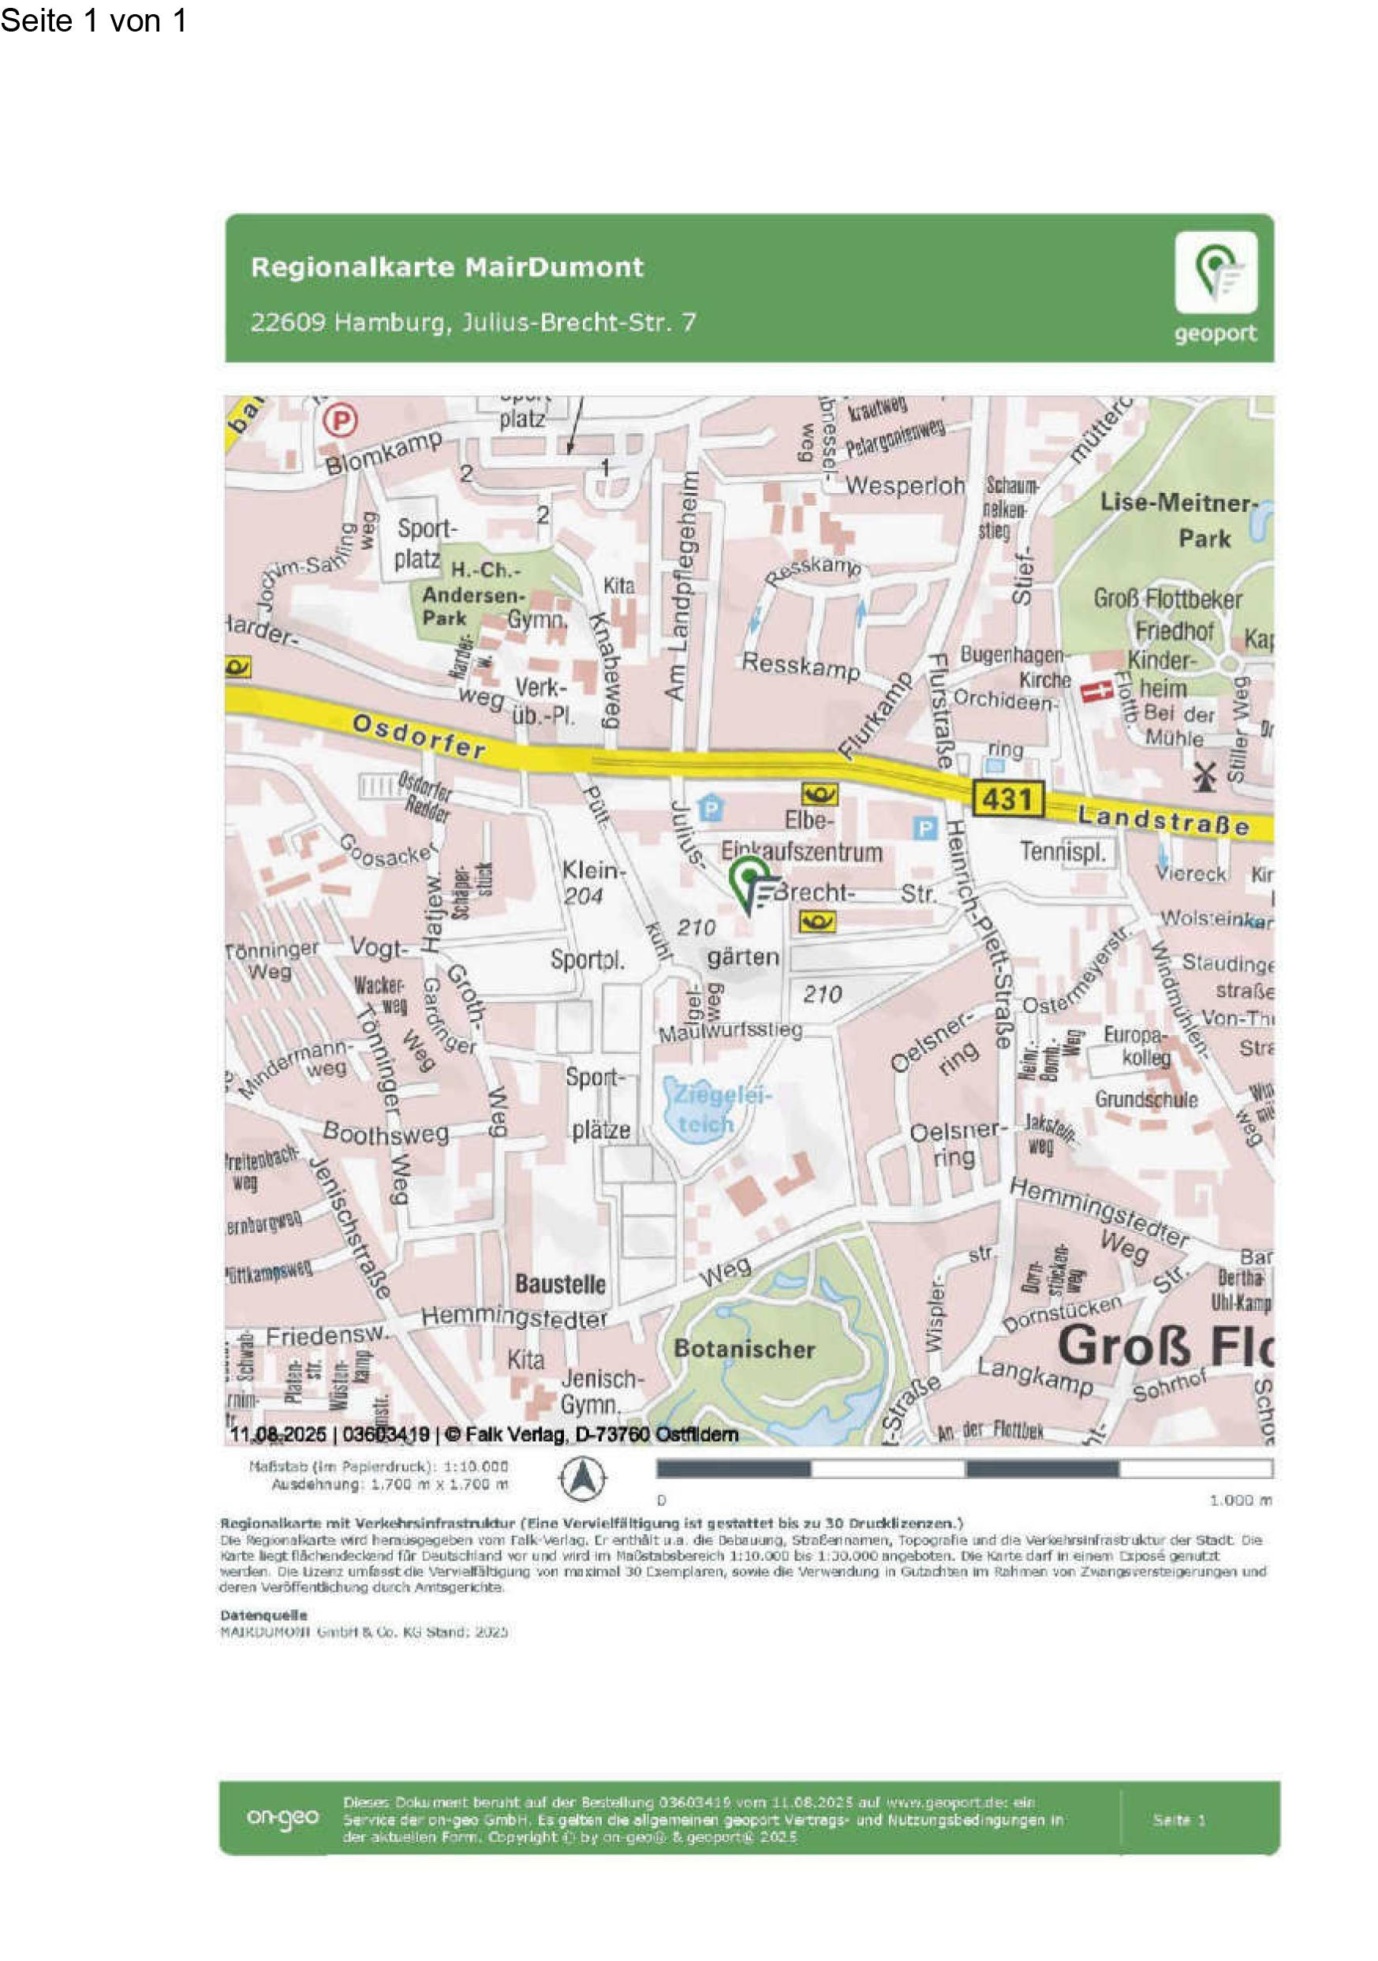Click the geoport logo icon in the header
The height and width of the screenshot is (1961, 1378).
point(1215,272)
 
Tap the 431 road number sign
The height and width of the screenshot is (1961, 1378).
point(1007,799)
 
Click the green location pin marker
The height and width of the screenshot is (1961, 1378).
point(749,880)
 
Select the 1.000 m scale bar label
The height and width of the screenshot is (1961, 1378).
point(1241,1500)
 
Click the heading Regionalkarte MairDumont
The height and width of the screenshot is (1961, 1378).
point(446,267)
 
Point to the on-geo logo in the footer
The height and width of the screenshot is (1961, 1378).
point(282,1817)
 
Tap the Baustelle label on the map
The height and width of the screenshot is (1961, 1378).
point(559,1283)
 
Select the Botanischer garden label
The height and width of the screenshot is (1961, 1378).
point(744,1349)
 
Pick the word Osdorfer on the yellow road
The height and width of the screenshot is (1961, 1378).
point(419,736)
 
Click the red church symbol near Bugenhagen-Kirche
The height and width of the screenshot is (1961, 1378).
point(1096,691)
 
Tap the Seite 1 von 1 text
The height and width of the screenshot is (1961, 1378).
point(94,21)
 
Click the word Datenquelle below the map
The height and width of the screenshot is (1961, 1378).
point(263,1615)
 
